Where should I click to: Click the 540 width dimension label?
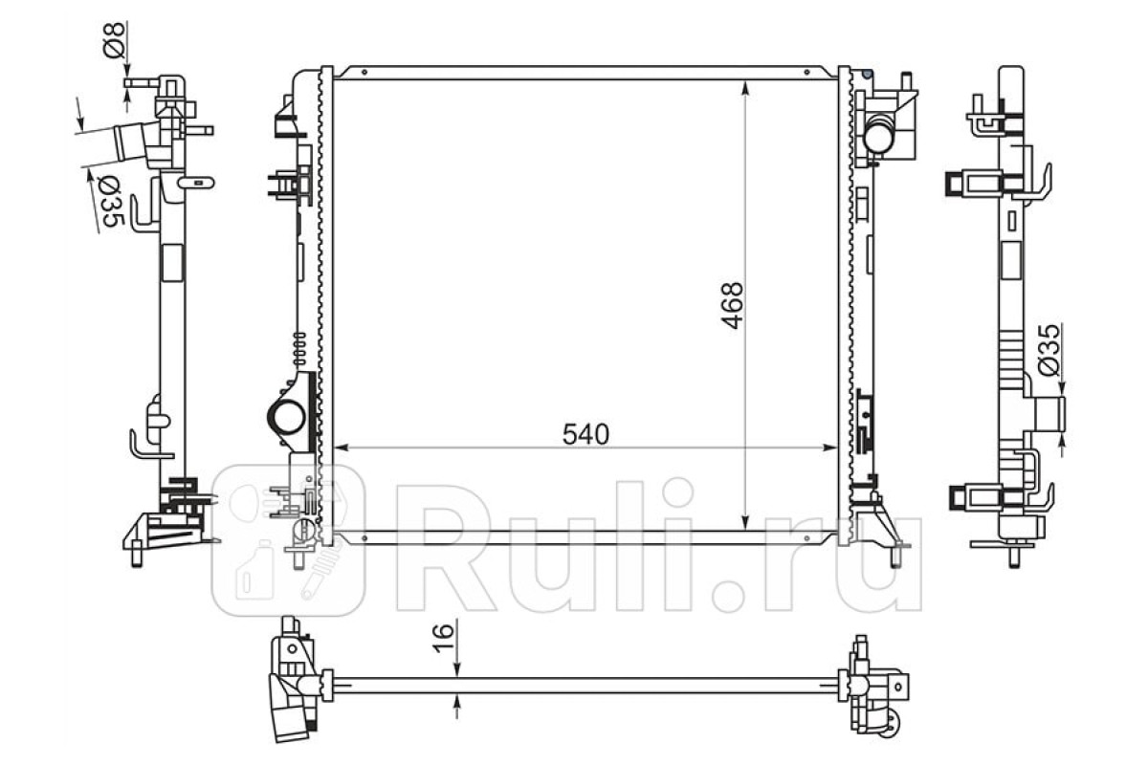pyautogui.click(x=585, y=434)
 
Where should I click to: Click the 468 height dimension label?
pyautogui.click(x=733, y=305)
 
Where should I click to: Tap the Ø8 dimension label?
pyautogui.click(x=114, y=39)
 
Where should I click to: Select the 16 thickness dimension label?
pyautogui.click(x=444, y=638)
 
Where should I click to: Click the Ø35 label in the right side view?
pyautogui.click(x=1049, y=350)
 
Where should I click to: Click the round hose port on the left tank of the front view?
pyautogui.click(x=287, y=418)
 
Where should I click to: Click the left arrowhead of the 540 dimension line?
pyautogui.click(x=342, y=448)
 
